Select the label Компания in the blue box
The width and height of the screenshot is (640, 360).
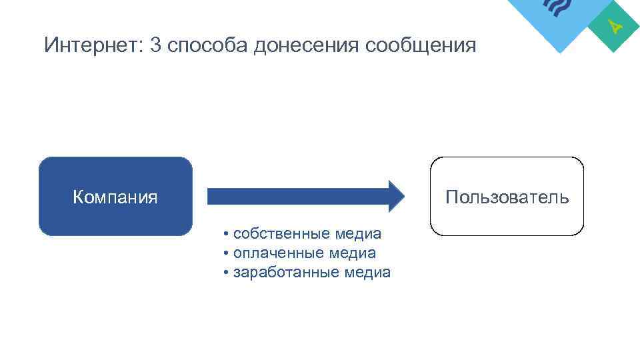point(115,197)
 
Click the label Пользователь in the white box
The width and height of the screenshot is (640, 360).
point(507,197)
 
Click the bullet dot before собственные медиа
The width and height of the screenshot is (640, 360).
point(227,235)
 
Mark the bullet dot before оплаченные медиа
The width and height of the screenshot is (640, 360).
point(227,254)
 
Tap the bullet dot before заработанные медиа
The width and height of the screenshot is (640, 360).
point(227,273)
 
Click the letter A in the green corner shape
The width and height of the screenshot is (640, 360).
point(617,27)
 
